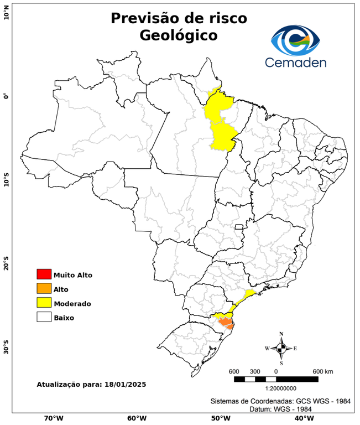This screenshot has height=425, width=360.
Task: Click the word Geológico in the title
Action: point(179,35)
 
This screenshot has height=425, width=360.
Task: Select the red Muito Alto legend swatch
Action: point(44,274)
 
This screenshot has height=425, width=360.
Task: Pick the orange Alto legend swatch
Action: point(44,289)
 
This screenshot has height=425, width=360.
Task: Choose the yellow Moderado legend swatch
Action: point(44,303)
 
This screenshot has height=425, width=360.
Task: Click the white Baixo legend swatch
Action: point(44,318)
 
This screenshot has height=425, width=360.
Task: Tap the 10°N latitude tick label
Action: point(6,12)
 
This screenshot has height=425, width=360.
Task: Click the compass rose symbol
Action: point(281,348)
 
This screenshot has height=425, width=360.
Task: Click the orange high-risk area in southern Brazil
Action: point(226,323)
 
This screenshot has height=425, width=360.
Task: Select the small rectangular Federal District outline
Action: point(239,227)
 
